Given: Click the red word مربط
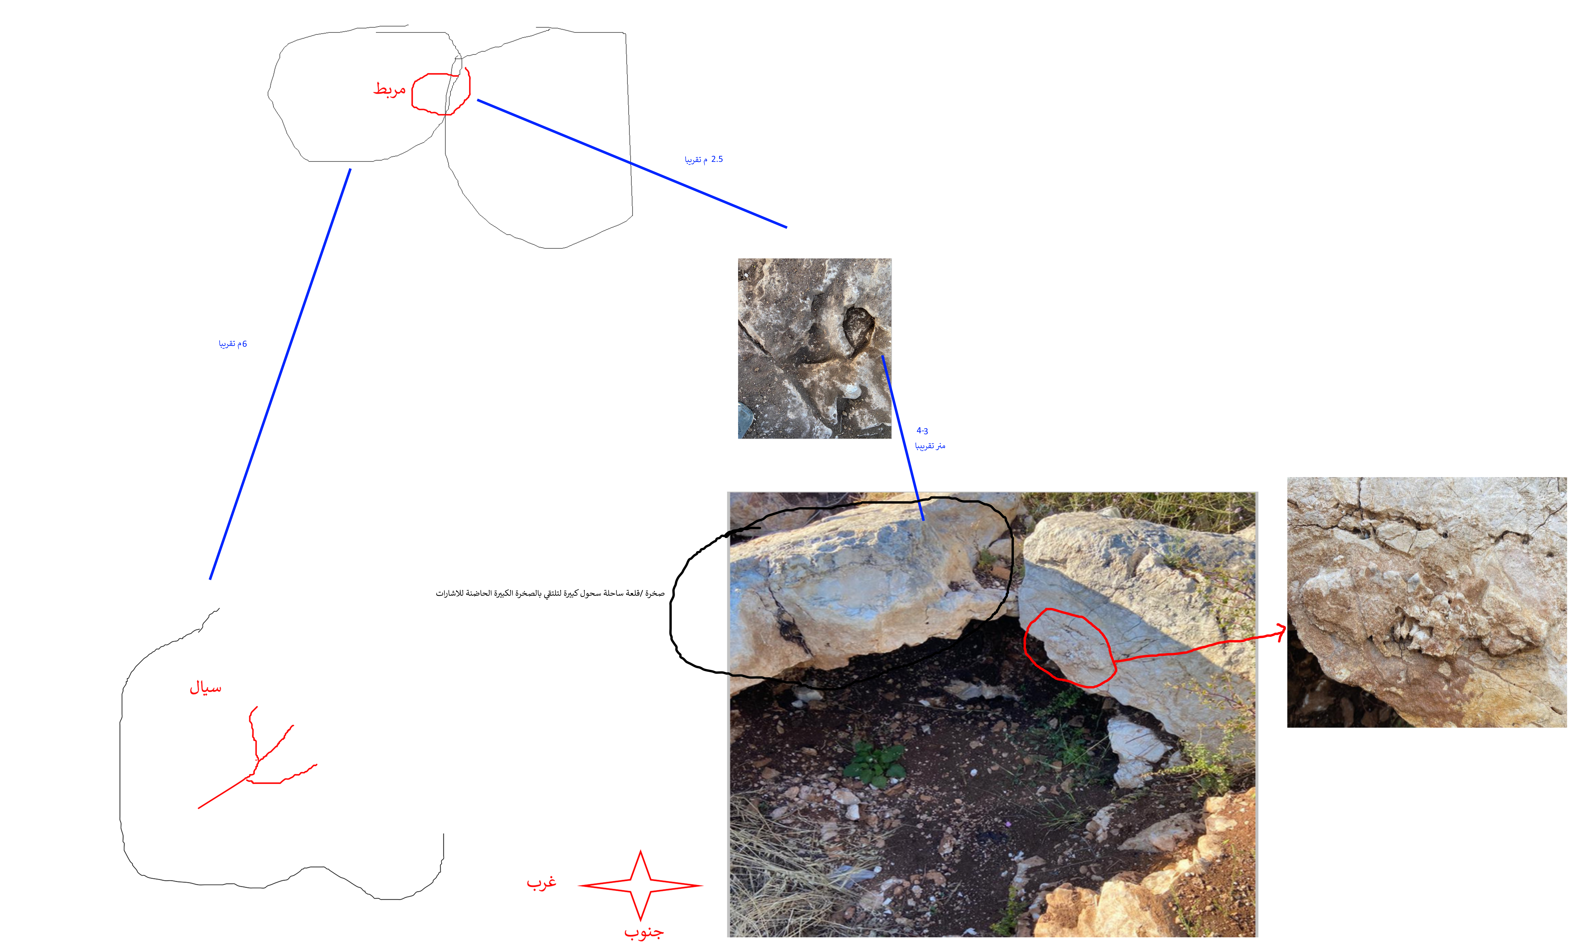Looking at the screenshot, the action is pyautogui.click(x=389, y=89).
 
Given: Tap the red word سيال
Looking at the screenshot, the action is pyautogui.click(x=205, y=688).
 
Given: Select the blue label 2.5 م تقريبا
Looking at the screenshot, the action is pyautogui.click(x=704, y=159).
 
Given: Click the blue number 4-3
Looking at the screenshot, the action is pyautogui.click(x=922, y=431).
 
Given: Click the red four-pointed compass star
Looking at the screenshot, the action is pyautogui.click(x=640, y=885).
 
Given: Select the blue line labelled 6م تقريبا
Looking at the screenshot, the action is pyautogui.click(x=280, y=374).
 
